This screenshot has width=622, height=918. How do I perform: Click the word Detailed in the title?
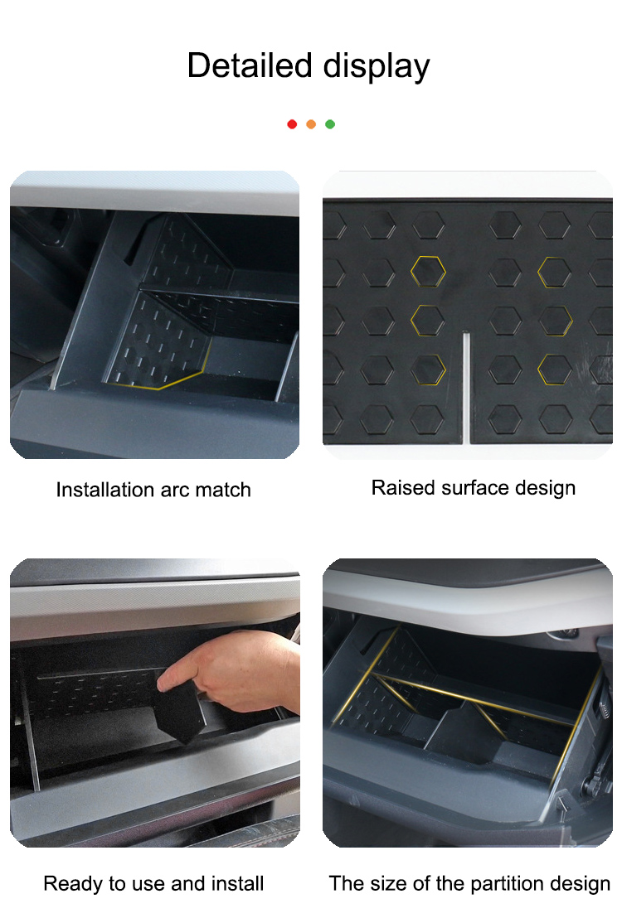coord(249,65)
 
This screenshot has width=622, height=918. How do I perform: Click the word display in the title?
coord(377,67)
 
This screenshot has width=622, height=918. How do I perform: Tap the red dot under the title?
coord(292,124)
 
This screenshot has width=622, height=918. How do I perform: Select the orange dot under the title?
coord(311,124)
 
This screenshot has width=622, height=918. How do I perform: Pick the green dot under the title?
coord(330,124)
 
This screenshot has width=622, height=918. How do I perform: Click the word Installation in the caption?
coord(105,490)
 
